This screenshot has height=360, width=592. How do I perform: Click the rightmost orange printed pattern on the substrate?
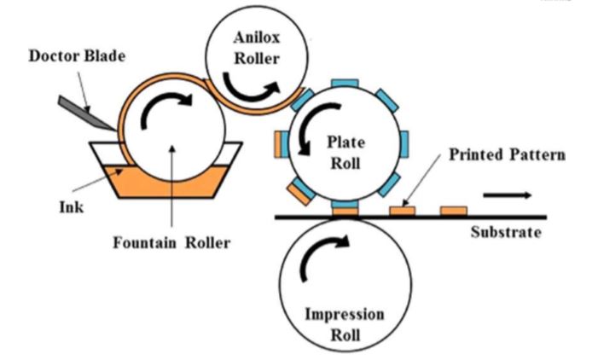coord(453,210)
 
